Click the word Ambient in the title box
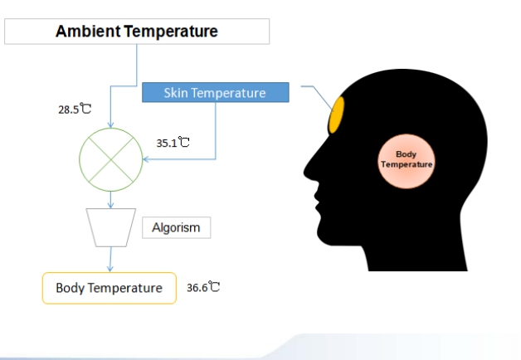[88, 32]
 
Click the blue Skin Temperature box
[216, 92]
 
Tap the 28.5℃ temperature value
[75, 109]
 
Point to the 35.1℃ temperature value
[173, 143]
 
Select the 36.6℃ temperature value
[203, 287]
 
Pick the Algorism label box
[177, 227]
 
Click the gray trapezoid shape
[111, 227]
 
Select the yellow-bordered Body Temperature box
[110, 288]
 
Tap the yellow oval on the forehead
[336, 115]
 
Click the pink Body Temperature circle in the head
[407, 162]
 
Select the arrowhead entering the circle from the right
[146, 159]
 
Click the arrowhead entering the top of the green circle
[110, 125]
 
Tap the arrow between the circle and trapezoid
[110, 200]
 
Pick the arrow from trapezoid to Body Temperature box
[110, 260]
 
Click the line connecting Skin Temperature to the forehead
[317, 96]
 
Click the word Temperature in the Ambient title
[171, 32]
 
